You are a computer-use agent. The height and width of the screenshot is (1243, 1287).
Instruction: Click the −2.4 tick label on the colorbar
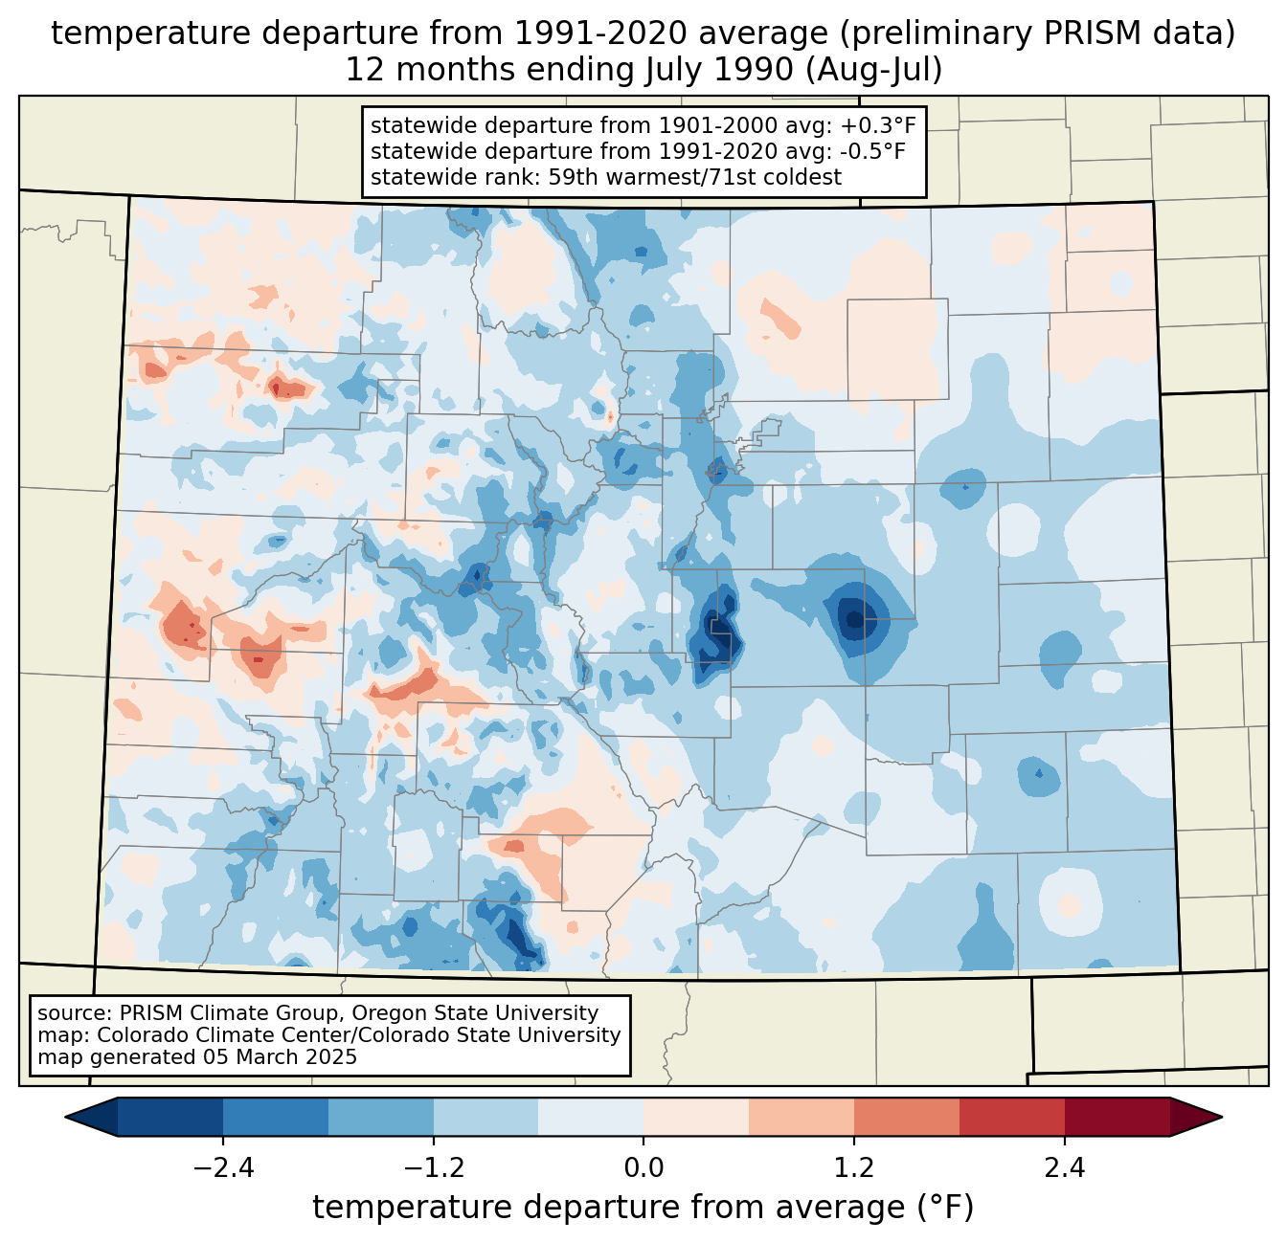coord(223,1168)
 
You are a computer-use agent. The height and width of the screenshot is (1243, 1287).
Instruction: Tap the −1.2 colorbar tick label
coord(433,1168)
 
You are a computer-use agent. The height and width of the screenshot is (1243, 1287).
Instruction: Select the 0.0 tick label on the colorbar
coord(643,1168)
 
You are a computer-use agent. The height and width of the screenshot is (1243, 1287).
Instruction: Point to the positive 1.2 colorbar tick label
coord(854,1168)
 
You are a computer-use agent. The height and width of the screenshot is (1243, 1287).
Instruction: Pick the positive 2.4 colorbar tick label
coord(1064,1168)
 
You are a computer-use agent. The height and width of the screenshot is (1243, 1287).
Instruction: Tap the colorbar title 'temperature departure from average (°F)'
coord(643,1208)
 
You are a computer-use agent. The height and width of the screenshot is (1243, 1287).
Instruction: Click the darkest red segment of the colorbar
coord(1117,1117)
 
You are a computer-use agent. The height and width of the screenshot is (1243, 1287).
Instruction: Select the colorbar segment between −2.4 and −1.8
coord(276,1117)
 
